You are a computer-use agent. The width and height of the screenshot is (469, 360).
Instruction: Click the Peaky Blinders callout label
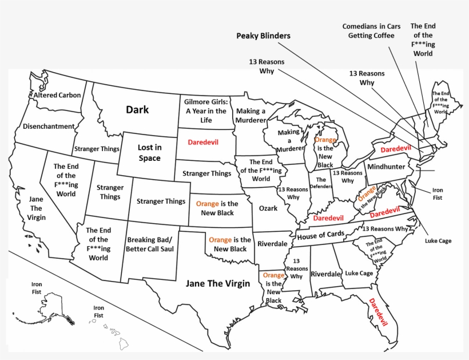[x=263, y=35]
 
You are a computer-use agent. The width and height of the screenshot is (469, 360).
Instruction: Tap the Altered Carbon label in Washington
[x=57, y=95]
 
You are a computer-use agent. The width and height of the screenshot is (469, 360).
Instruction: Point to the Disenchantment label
[x=49, y=126]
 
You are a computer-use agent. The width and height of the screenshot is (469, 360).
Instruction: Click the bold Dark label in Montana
[x=137, y=109]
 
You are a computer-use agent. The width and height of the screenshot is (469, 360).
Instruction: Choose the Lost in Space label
[x=149, y=153]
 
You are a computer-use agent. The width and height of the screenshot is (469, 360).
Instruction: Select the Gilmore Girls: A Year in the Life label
[x=206, y=111]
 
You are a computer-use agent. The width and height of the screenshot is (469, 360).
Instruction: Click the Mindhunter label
[x=386, y=167]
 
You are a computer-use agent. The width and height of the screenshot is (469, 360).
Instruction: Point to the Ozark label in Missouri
[x=268, y=208]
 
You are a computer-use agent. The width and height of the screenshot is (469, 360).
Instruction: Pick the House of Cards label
[x=320, y=235]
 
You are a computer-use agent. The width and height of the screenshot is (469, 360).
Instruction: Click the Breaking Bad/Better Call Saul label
[x=149, y=244]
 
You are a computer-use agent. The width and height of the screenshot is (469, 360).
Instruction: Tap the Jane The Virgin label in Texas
[x=218, y=283]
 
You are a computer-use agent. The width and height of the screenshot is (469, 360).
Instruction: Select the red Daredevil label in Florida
[x=378, y=312]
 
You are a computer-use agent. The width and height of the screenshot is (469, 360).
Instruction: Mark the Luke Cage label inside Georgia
[x=359, y=274]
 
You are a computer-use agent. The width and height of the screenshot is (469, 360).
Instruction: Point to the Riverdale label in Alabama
[x=325, y=274]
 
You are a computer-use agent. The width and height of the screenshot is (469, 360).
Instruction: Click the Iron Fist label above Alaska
[x=37, y=288]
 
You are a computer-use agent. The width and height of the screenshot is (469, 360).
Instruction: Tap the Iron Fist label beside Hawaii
[x=98, y=311]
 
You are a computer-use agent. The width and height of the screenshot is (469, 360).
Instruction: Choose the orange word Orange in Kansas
[x=207, y=204]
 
